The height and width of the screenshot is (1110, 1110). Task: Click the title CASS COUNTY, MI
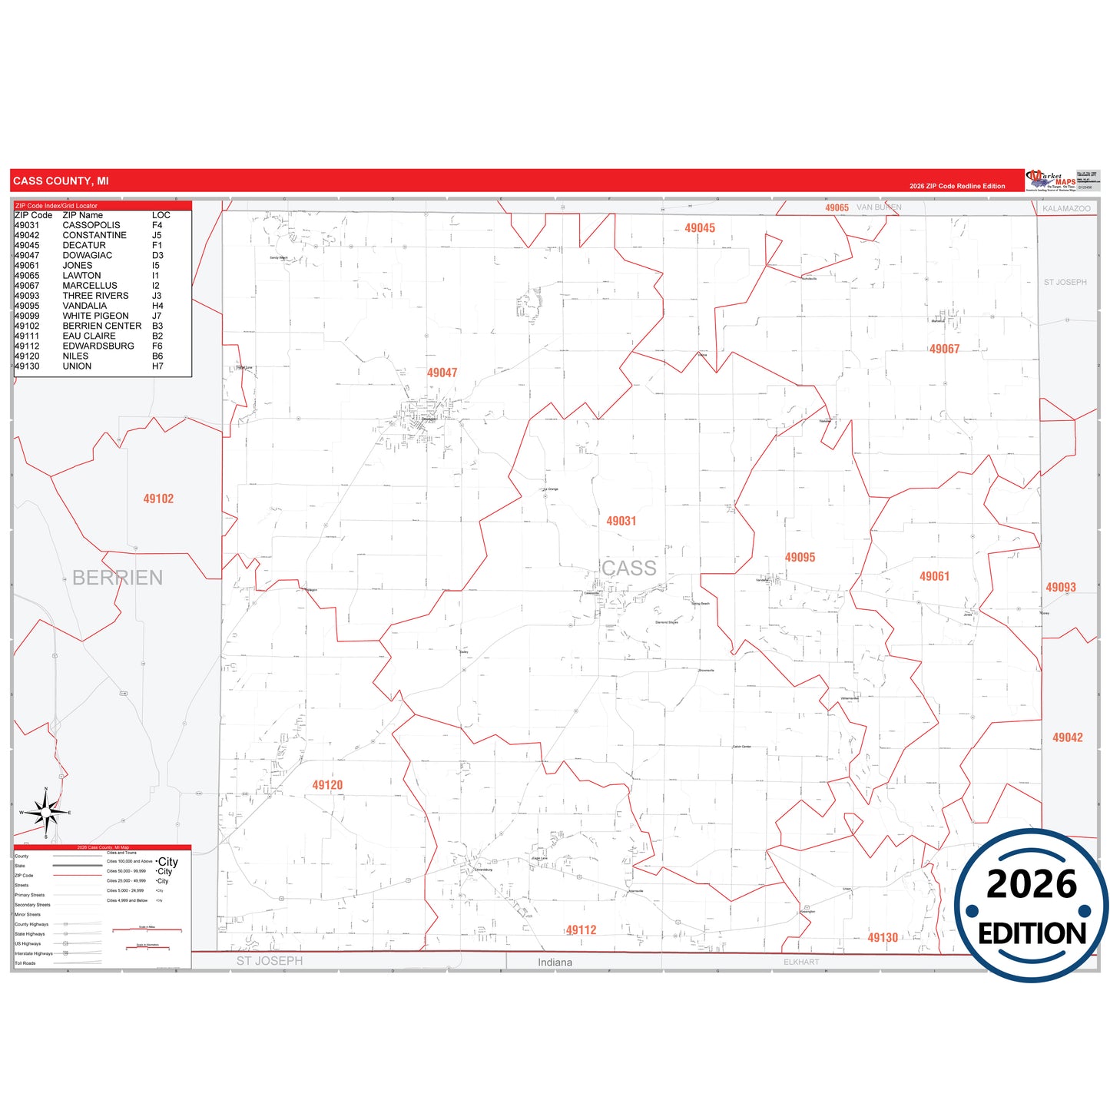61,181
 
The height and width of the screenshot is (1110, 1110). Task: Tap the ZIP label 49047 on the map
442,373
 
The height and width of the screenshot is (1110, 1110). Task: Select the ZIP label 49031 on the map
621,521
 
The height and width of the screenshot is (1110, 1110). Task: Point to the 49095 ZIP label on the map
800,558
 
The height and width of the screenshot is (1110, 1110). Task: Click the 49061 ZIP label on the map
934,576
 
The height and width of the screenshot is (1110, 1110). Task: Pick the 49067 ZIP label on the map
944,349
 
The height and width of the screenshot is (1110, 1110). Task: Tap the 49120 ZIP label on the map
327,785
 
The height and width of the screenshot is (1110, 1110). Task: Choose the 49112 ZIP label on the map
581,930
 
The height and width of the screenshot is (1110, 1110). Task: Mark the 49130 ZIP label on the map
883,938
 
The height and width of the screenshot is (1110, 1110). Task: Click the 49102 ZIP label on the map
158,499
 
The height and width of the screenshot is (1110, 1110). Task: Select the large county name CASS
628,568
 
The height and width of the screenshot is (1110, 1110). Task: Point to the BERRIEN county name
118,578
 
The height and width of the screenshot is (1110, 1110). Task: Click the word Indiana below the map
555,963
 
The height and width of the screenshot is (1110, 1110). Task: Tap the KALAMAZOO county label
1066,209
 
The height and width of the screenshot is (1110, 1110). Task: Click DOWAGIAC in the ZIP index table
88,255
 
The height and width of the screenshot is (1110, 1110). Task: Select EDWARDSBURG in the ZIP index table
98,346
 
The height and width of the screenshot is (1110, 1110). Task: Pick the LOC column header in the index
161,215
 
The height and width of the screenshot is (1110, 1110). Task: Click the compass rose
46,812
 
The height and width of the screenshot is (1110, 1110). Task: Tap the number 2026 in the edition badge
1032,884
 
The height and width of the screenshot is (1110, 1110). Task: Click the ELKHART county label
801,962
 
